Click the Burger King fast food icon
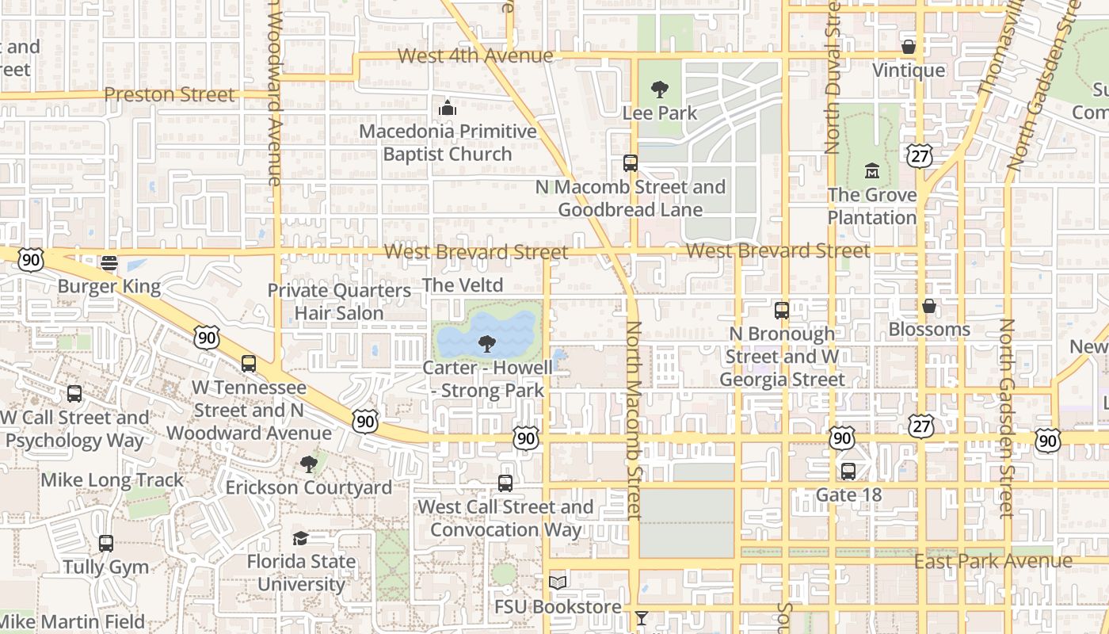click(x=109, y=263)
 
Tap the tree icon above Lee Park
click(x=659, y=90)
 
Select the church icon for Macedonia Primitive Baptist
click(x=448, y=108)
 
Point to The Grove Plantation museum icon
click(x=871, y=171)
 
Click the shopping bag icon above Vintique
click(x=909, y=48)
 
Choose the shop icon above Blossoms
click(x=928, y=306)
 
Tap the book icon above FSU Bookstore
click(x=558, y=583)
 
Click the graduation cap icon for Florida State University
click(x=300, y=539)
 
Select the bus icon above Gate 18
click(x=848, y=472)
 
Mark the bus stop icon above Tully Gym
click(x=105, y=544)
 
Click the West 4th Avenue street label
click(x=474, y=55)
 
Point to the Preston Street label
click(x=170, y=94)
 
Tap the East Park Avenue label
click(x=993, y=561)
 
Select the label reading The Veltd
click(x=463, y=285)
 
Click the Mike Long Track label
click(x=112, y=479)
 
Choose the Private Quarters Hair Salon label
click(x=339, y=302)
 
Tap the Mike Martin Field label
click(x=73, y=622)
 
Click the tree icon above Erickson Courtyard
click(x=308, y=464)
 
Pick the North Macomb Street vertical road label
click(x=633, y=420)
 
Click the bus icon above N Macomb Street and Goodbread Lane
click(x=631, y=163)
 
